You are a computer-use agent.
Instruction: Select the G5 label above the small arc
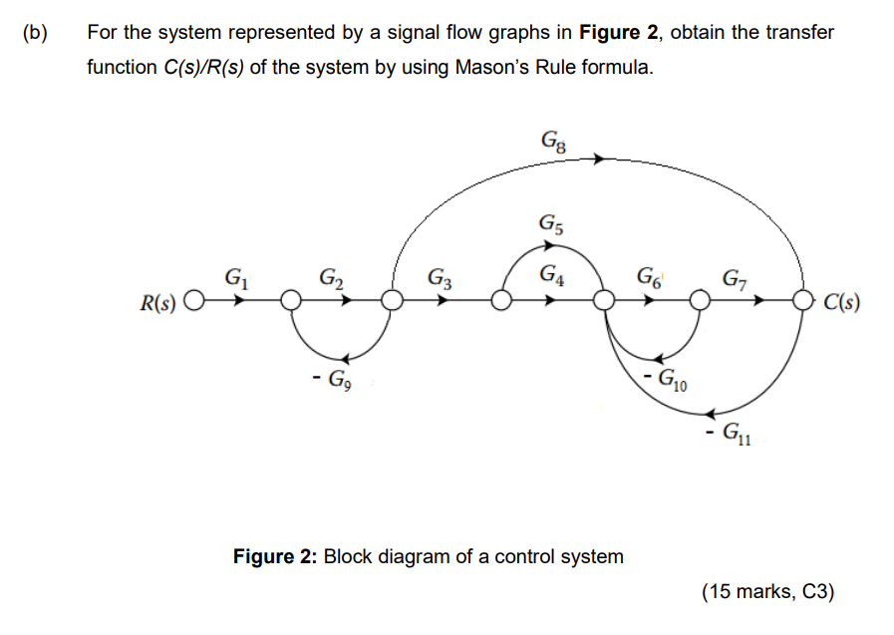551,223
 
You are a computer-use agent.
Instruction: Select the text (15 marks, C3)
766,591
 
